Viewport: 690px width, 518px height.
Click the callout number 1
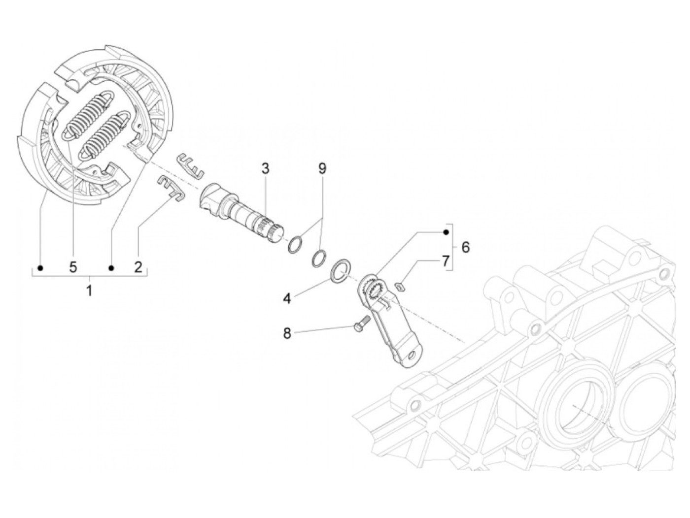coord(89,291)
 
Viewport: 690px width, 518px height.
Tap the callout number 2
coord(138,267)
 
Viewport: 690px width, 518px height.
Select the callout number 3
coord(266,169)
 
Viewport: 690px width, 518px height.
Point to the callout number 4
coord(287,298)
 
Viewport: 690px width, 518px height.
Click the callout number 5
coord(73,267)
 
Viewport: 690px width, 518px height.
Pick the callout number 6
coord(465,247)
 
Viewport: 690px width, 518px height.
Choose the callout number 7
coord(445,260)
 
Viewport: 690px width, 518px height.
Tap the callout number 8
coord(287,333)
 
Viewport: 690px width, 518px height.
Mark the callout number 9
coord(322,169)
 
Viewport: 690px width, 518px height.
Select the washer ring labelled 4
coord(340,271)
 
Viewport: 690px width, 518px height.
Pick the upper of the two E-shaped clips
coord(191,165)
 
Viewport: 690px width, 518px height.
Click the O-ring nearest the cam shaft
coord(295,244)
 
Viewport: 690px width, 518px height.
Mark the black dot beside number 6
coord(446,232)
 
